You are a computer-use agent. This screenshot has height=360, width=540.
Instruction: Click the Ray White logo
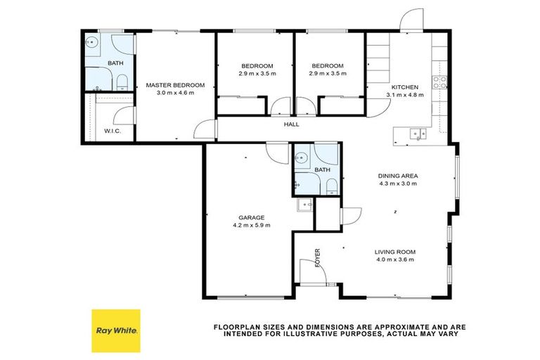[x=116, y=330]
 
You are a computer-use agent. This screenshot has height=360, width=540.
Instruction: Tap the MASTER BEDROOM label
[x=175, y=85]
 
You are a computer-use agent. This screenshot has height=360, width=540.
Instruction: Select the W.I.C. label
[x=114, y=131]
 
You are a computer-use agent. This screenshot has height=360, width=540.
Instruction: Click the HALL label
[x=291, y=124]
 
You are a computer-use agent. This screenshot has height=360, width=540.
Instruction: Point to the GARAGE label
[x=251, y=217]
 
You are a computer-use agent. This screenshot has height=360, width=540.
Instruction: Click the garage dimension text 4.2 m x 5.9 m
[x=251, y=225]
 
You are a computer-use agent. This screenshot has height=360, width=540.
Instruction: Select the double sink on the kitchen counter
[x=417, y=132]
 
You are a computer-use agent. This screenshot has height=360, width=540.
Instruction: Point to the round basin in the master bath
[x=92, y=42]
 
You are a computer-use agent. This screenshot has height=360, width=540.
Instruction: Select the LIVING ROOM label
[x=394, y=252]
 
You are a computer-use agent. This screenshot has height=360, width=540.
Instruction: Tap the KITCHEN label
[x=404, y=86]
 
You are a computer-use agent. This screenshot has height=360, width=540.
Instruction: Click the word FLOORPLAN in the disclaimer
[x=237, y=327]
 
